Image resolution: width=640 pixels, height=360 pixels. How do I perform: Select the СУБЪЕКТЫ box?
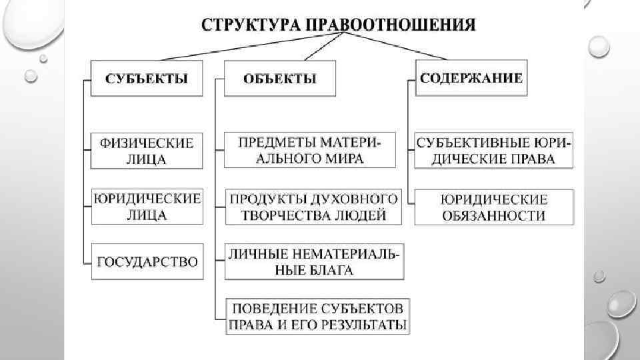tap(147, 78)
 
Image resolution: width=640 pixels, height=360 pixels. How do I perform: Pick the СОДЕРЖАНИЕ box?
tap(471, 77)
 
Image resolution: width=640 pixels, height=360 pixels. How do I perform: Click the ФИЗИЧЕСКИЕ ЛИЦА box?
tap(147, 151)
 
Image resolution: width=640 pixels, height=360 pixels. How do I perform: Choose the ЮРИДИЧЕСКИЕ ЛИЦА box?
tap(147, 207)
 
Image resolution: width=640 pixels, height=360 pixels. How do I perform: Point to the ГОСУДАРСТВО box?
tap(147, 261)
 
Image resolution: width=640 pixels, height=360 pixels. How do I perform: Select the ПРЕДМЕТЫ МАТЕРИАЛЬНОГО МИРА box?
tap(309, 150)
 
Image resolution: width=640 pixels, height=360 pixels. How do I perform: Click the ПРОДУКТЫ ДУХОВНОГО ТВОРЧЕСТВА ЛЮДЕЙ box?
tap(313, 207)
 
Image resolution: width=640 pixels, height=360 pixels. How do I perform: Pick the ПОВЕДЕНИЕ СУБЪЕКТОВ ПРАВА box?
tap(317, 317)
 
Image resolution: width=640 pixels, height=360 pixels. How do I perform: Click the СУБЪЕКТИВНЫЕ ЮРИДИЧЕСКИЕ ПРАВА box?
tap(494, 151)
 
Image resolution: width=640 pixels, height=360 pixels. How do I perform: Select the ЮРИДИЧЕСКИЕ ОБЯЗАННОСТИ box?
tap(494, 207)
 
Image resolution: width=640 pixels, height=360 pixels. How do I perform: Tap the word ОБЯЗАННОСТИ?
tap(494, 215)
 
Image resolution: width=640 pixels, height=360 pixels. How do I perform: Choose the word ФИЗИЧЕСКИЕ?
tap(147, 143)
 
